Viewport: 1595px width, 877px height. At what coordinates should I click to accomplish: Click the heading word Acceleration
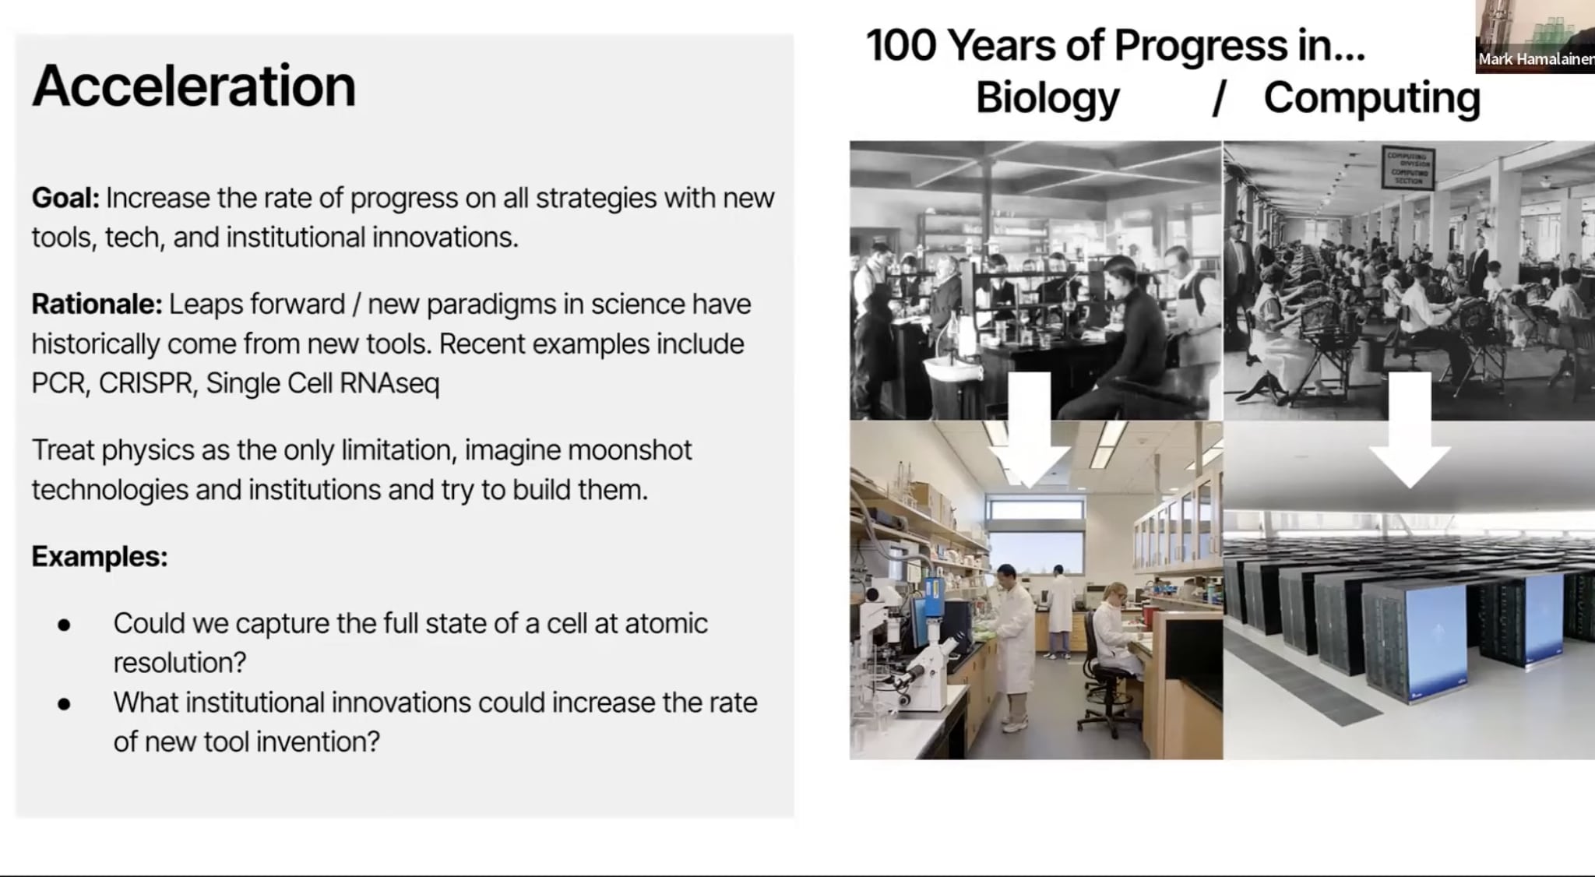[193, 86]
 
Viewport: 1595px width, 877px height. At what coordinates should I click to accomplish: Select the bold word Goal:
[65, 198]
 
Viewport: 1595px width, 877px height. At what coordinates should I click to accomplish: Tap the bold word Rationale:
[97, 304]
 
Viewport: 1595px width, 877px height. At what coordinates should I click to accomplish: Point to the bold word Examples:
[100, 556]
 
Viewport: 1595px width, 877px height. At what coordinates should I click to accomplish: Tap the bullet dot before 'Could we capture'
[64, 625]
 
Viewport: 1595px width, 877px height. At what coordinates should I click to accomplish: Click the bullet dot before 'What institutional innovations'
[64, 704]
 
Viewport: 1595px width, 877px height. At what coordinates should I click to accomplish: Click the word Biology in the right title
[1047, 98]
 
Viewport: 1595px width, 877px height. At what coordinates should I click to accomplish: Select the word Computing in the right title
[1371, 98]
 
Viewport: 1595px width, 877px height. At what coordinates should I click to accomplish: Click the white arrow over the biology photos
[1030, 436]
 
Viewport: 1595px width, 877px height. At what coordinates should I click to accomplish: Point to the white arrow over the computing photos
[1409, 436]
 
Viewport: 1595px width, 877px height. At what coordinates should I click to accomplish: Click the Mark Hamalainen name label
[1534, 59]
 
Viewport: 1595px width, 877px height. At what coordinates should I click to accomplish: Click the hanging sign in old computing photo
[1408, 167]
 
